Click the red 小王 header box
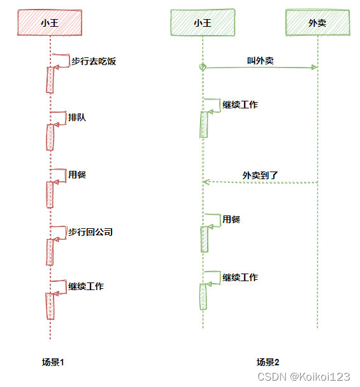pos(49,23)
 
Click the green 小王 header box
pos(203,23)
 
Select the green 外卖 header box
pos(317,23)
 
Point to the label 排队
pos(77,117)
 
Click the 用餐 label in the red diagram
pos(77,175)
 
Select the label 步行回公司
pos(90,232)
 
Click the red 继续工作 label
pos(86,286)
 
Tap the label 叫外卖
pos(260,61)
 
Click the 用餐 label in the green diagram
pos(231,219)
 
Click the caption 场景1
pos(53,362)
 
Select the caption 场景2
pos(268,362)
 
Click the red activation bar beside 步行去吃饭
pos(49,79)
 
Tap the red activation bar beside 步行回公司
pos(49,251)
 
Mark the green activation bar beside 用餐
pos(203,240)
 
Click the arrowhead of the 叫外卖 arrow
pos(313,67)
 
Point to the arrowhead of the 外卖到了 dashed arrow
pos(206,182)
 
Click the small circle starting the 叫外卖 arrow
pos(203,67)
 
